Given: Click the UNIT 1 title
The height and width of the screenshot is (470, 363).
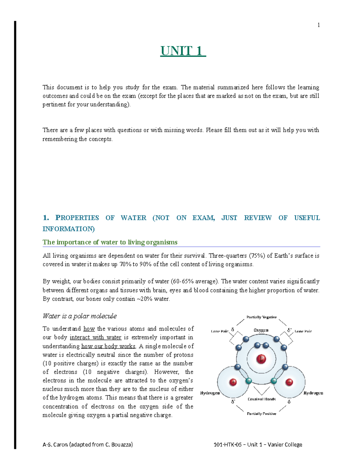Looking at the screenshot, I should pos(183,51).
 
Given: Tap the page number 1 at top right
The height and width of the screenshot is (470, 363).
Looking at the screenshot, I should pos(319,25).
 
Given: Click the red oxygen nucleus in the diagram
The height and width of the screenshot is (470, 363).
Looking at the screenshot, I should pos(261,359).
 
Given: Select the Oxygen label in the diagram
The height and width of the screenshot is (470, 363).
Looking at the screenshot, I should pos(261,330).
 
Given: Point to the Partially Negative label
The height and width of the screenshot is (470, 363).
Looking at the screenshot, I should pos(261,317).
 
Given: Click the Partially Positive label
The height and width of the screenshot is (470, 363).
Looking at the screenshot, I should pos(261,414).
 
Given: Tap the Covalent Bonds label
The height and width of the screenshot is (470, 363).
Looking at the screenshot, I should pos(261,399).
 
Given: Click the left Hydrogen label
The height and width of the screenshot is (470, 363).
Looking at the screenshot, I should pos(210,393).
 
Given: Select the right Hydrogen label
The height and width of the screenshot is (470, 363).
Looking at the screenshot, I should pos(313,393).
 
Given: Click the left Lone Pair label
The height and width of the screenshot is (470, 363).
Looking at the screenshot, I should pos(220,331).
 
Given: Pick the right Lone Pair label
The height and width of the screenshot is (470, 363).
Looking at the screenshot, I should pos(303,331).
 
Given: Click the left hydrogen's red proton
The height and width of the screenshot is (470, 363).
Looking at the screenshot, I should pos(233,382).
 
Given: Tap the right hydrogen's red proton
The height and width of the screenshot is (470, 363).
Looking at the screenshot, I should pos(289,382).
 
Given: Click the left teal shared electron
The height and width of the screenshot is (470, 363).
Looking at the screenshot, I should pos(249,381).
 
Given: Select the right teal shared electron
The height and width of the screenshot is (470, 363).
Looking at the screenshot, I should pos(274,381).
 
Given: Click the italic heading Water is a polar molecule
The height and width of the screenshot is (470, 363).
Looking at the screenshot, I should pos(80,316).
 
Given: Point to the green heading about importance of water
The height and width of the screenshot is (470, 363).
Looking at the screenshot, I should pos(110,242).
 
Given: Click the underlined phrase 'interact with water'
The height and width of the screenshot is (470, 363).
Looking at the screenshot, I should pos(95,337).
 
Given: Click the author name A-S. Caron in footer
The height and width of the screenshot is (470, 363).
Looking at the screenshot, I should pos(55,445).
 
